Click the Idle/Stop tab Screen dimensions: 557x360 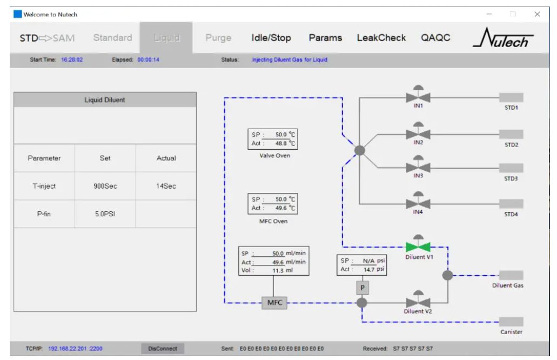[x=271, y=38]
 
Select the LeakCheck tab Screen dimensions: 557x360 [x=381, y=38]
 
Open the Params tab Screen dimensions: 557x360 [x=325, y=38]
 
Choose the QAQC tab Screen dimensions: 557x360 [x=435, y=38]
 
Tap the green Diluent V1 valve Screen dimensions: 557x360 [x=418, y=245]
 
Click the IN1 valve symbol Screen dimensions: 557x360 [x=418, y=96]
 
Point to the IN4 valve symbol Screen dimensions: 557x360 [x=418, y=203]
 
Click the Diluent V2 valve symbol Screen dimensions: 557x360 [x=418, y=302]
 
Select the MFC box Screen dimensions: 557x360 [x=274, y=303]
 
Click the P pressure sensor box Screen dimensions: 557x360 [x=363, y=288]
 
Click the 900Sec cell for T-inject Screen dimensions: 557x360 [x=105, y=186]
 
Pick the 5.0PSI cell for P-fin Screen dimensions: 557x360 [x=105, y=214]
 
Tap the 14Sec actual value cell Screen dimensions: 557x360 [x=166, y=186]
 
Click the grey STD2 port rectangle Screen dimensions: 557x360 [x=511, y=134]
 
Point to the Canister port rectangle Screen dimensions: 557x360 [x=511, y=322]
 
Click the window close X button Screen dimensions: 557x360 [x=537, y=14]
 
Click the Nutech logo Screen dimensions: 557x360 [x=503, y=38]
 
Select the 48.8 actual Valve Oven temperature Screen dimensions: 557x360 [x=281, y=143]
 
